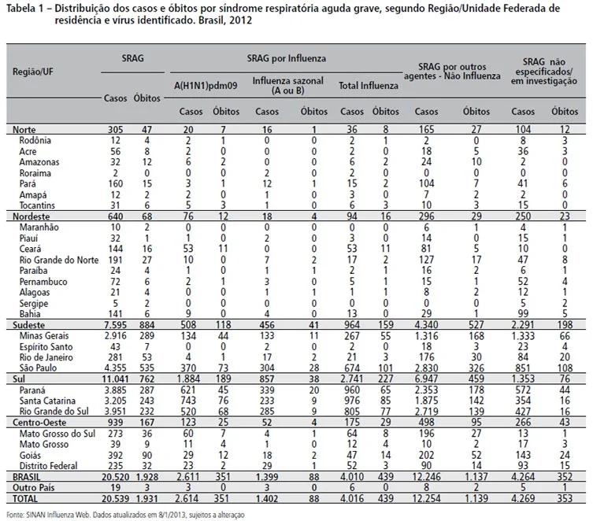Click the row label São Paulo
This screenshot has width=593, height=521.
click(38, 368)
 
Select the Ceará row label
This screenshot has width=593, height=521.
click(30, 249)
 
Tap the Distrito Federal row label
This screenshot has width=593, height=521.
click(48, 466)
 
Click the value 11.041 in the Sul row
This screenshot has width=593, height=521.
click(115, 379)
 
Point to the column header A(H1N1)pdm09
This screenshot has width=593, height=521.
click(206, 86)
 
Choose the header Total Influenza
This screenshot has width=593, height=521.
click(369, 86)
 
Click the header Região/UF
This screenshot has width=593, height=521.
click(33, 72)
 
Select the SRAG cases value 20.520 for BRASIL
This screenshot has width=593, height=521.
click(115, 477)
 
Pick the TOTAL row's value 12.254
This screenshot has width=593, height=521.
click(426, 499)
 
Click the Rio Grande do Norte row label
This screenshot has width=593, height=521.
click(59, 260)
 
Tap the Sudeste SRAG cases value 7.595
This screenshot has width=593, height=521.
click(115, 325)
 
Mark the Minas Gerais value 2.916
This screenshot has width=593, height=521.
click(115, 336)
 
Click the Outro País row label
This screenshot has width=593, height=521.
click(34, 488)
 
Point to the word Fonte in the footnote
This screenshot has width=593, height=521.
click(15, 515)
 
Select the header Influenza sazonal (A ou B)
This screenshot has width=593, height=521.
click(287, 86)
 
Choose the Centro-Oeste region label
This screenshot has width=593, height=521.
click(39, 423)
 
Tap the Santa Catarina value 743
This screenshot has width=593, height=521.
click(188, 401)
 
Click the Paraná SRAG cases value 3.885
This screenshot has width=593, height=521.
click(115, 390)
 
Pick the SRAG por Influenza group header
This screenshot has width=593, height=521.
click(287, 58)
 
